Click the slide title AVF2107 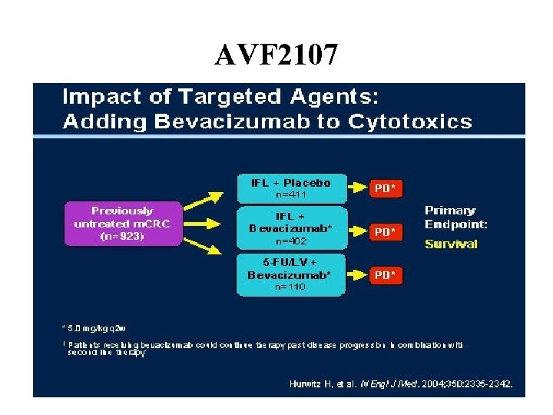pyautogui.click(x=276, y=55)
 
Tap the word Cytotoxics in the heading pyautogui.click(x=410, y=121)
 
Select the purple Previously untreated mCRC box pyautogui.click(x=123, y=224)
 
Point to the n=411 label pyautogui.click(x=290, y=195)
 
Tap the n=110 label pyautogui.click(x=290, y=287)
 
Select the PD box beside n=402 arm pyautogui.click(x=386, y=231)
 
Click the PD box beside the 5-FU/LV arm pyautogui.click(x=386, y=274)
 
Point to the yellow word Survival pyautogui.click(x=451, y=244)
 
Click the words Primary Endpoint pyautogui.click(x=455, y=217)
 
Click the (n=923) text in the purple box pyautogui.click(x=123, y=237)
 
